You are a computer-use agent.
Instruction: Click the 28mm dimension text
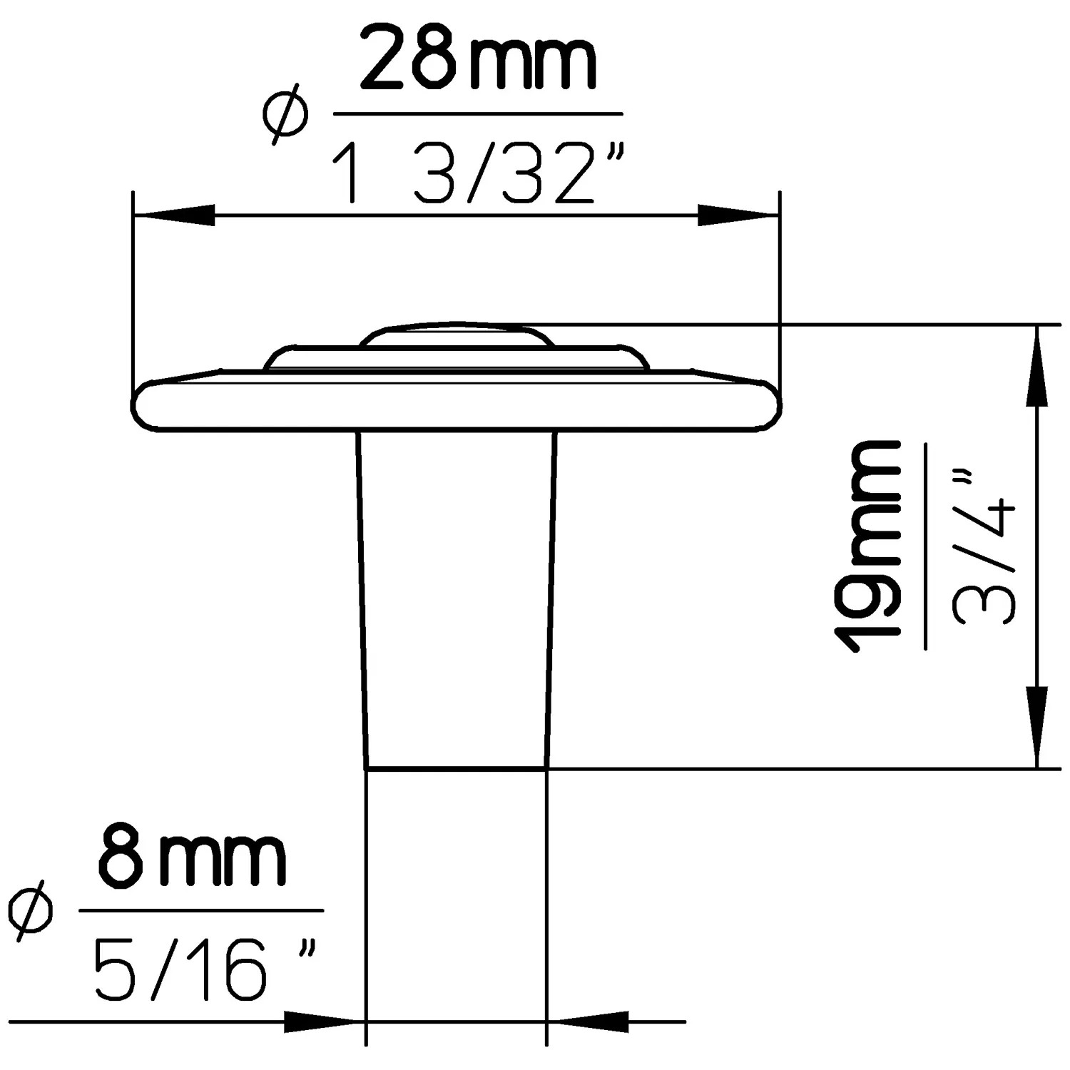click(x=477, y=58)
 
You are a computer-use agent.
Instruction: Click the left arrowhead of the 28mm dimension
click(x=175, y=215)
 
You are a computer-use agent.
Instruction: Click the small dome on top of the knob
click(x=457, y=335)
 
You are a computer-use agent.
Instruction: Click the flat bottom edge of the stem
click(x=457, y=769)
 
